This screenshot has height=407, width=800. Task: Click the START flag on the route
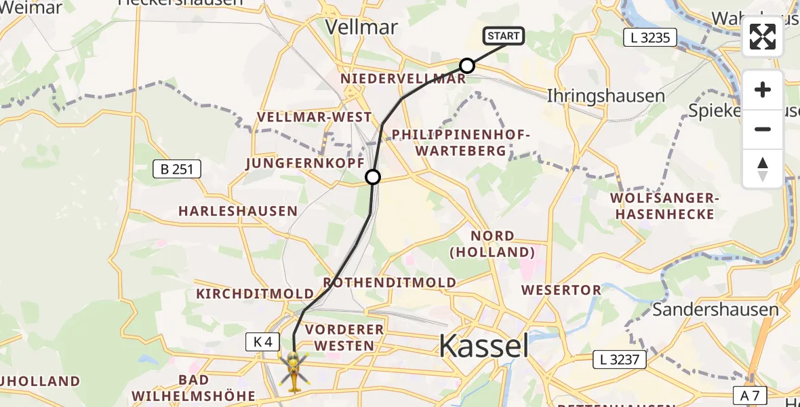pyautogui.click(x=504, y=36)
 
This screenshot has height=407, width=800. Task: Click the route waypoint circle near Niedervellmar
pyautogui.click(x=467, y=66)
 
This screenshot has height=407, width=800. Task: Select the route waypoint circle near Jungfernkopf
pyautogui.click(x=373, y=178)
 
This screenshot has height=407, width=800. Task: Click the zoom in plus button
pyautogui.click(x=763, y=90)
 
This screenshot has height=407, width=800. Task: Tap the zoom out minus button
pyautogui.click(x=763, y=129)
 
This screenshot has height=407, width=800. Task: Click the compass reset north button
pyautogui.click(x=763, y=168)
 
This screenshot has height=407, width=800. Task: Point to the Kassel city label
pyautogui.click(x=483, y=346)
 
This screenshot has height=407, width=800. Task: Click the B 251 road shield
pyautogui.click(x=176, y=170)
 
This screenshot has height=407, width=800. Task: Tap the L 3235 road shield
pyautogui.click(x=650, y=38)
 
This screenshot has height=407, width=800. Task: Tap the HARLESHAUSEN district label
pyautogui.click(x=238, y=211)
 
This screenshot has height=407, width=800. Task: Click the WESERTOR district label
pyautogui.click(x=561, y=290)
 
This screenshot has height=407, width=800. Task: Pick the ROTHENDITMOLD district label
pyautogui.click(x=389, y=282)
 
